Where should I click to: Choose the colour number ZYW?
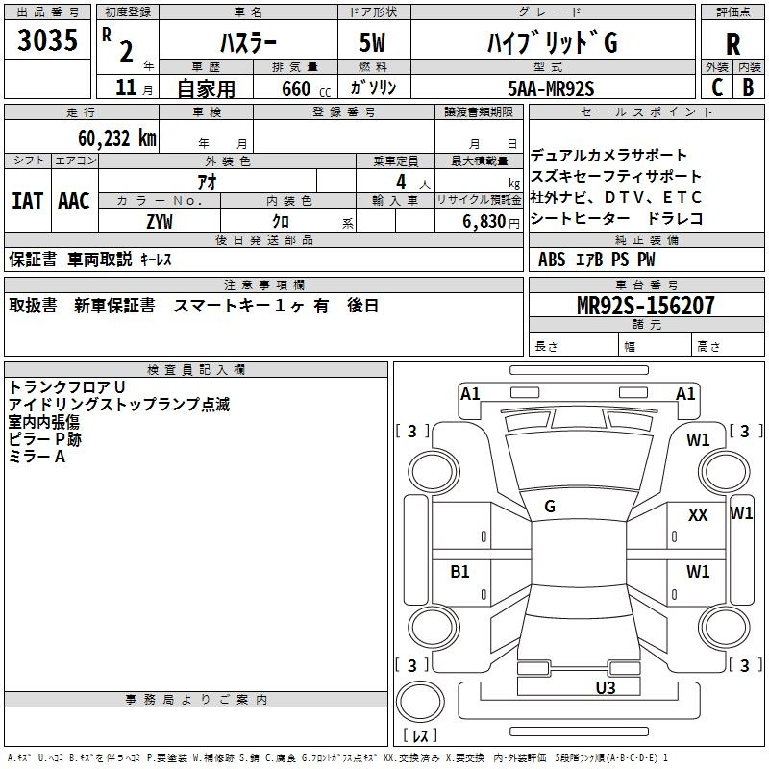click(160, 221)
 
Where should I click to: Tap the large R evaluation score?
click(733, 43)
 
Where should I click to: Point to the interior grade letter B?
click(748, 87)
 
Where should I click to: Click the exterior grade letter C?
click(716, 87)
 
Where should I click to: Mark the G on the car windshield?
click(550, 507)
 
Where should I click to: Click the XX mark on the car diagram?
click(698, 515)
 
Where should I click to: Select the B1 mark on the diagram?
click(460, 572)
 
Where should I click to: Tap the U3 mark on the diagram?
click(605, 687)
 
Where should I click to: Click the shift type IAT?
click(28, 201)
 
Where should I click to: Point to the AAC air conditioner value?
click(74, 201)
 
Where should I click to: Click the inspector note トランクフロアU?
click(67, 386)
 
